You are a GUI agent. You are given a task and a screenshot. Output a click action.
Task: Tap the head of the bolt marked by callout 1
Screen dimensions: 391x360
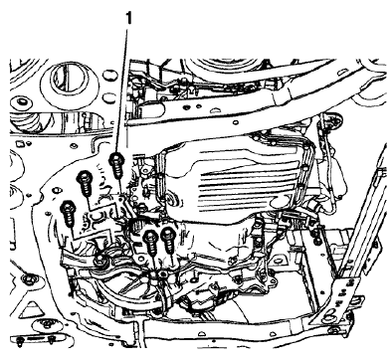118,157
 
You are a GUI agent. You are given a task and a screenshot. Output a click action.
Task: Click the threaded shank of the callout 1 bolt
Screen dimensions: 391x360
118,174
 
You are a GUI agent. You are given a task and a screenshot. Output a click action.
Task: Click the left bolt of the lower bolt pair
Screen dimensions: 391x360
149,239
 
